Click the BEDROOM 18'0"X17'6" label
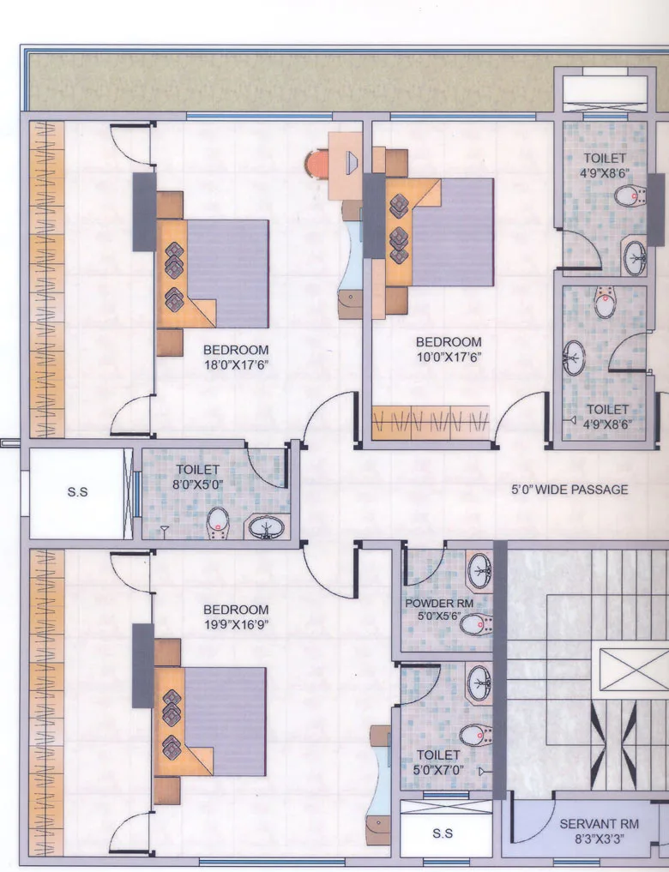coord(236,357)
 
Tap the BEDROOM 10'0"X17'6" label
coord(449,349)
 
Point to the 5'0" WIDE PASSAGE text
coord(570,490)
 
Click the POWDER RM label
coord(439,610)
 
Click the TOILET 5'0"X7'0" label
coord(438,762)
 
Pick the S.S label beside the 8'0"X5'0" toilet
coord(77,493)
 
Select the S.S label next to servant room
coord(442,833)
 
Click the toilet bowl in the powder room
coord(474,624)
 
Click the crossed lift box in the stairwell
coord(632,670)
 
